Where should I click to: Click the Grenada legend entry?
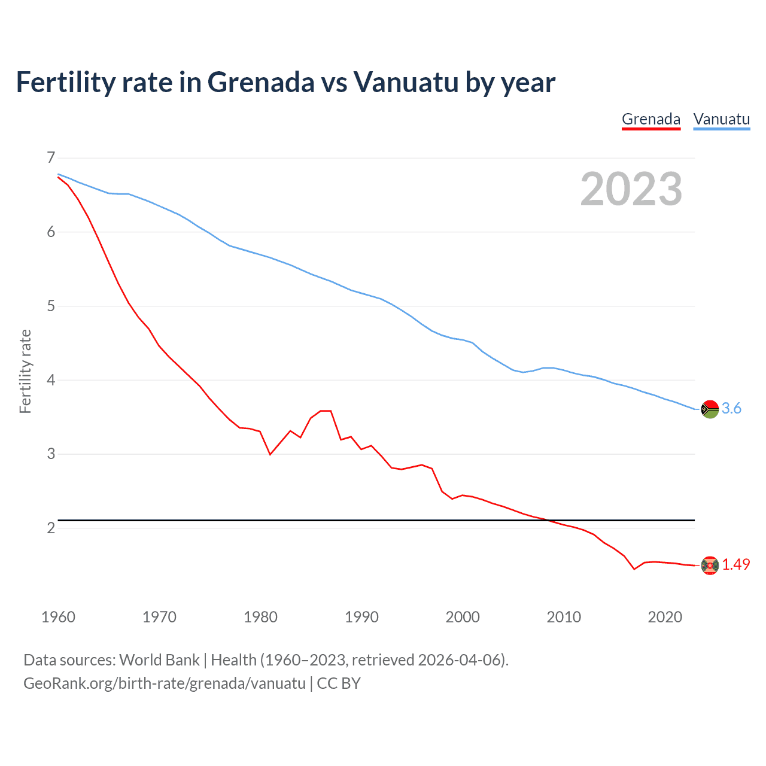pyautogui.click(x=651, y=119)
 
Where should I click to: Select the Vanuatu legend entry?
pyautogui.click(x=721, y=119)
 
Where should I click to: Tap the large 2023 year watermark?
pyautogui.click(x=631, y=189)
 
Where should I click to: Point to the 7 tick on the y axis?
pyautogui.click(x=50, y=158)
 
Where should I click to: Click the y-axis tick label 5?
pyautogui.click(x=50, y=306)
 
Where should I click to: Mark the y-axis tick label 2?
pyautogui.click(x=50, y=528)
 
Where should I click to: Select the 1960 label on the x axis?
pyautogui.click(x=58, y=617)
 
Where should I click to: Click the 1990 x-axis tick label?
pyautogui.click(x=361, y=617)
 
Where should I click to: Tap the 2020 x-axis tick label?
pyautogui.click(x=665, y=617)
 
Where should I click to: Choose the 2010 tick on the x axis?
pyautogui.click(x=564, y=617)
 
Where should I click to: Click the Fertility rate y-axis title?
pyautogui.click(x=25, y=371)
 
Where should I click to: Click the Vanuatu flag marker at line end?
pyautogui.click(x=710, y=409)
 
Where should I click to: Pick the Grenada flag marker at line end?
pyautogui.click(x=710, y=566)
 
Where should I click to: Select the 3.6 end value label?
pyautogui.click(x=731, y=409)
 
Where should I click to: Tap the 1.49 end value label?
pyautogui.click(x=735, y=565)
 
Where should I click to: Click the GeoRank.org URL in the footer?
pyautogui.click(x=165, y=683)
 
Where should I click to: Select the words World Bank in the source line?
pyautogui.click(x=159, y=660)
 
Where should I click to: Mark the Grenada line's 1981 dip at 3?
pyautogui.click(x=270, y=454)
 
